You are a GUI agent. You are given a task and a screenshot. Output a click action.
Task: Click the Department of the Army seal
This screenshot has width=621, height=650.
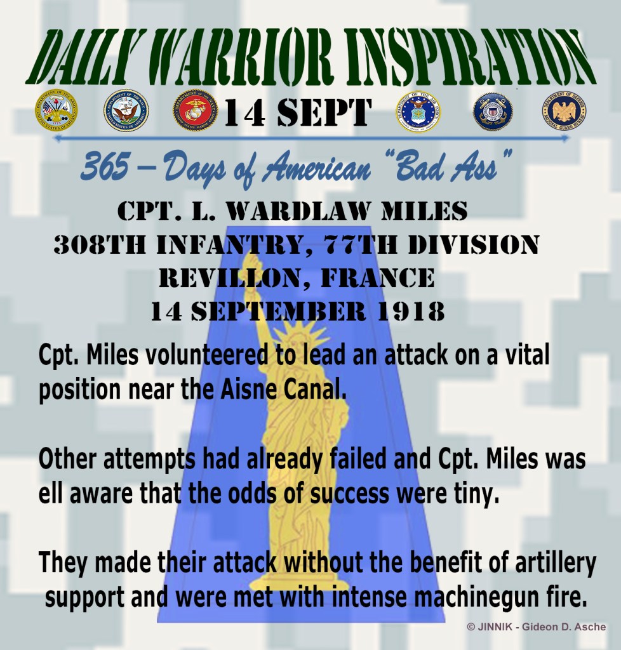click(56, 110)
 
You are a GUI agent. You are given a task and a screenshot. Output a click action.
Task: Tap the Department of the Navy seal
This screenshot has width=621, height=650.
click(126, 110)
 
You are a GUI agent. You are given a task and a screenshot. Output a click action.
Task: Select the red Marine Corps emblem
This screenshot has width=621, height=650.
click(195, 110)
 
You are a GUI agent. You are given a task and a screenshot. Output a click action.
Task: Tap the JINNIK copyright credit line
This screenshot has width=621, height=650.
click(536, 627)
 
